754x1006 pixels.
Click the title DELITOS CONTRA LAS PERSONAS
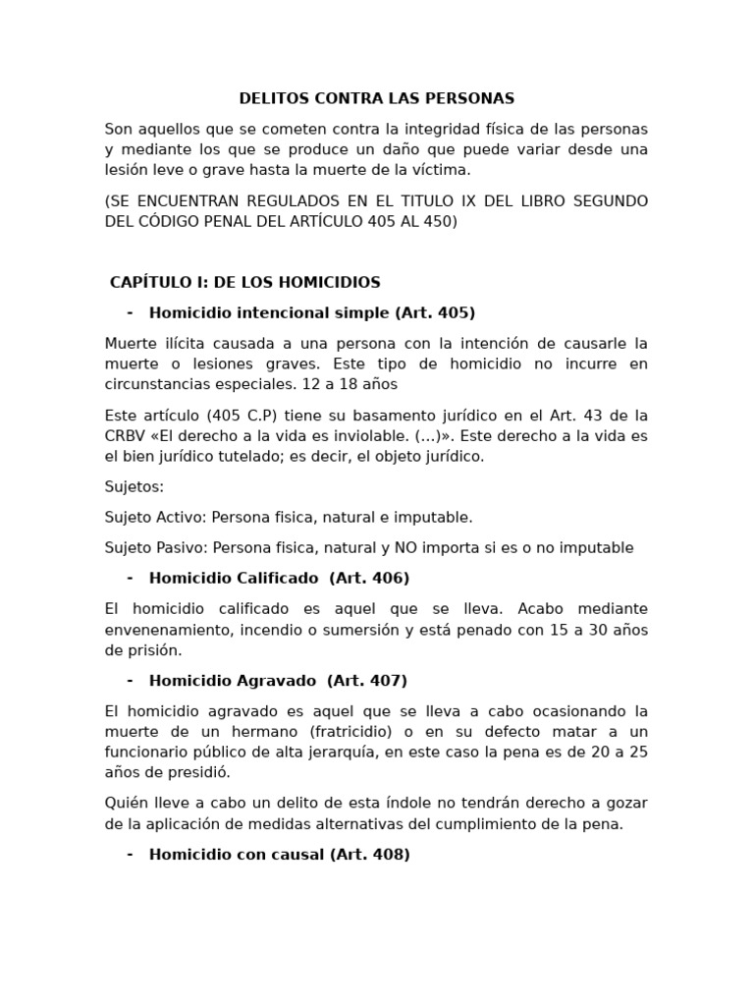(377, 98)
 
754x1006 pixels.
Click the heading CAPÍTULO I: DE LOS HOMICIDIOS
(245, 282)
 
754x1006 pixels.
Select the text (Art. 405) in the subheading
(435, 312)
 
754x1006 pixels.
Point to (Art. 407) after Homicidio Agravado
(367, 680)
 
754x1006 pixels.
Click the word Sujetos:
(135, 486)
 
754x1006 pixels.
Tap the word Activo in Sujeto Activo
(184, 517)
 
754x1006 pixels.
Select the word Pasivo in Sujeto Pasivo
(184, 547)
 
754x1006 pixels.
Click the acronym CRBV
(127, 435)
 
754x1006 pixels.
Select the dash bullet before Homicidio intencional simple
(130, 312)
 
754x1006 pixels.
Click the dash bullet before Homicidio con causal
(130, 854)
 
